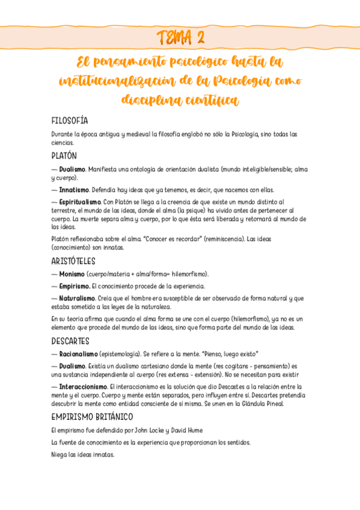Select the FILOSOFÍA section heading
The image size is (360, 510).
(x=70, y=120)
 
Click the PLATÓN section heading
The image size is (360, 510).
(x=64, y=155)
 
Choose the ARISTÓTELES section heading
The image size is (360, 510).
(x=74, y=261)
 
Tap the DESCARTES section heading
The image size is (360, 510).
(x=71, y=341)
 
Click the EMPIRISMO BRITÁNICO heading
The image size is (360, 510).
(x=93, y=417)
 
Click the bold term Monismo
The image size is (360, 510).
(x=72, y=274)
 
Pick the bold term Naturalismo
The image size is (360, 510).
(x=78, y=298)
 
